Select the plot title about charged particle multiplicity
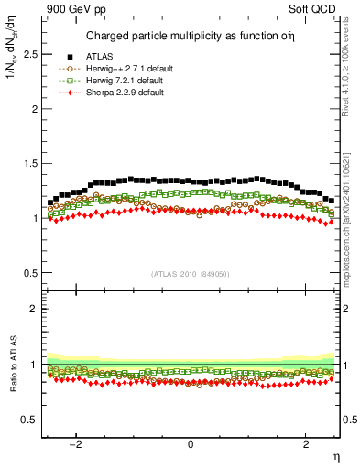191,37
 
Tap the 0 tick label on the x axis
191,444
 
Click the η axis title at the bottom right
335,455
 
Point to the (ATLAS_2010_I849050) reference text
191,274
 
